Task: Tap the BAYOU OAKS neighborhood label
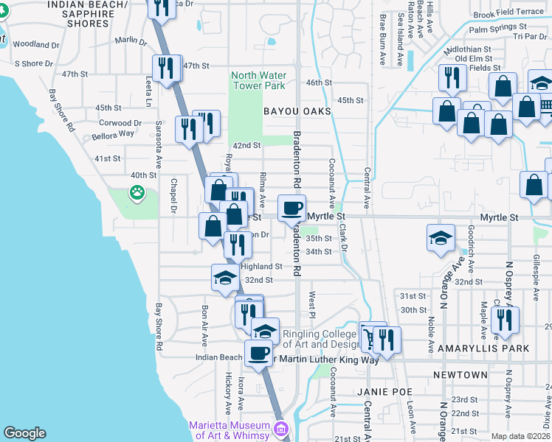click(x=295, y=111)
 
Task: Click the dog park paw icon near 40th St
click(x=137, y=193)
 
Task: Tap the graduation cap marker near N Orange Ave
click(x=441, y=238)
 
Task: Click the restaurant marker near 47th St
click(x=166, y=68)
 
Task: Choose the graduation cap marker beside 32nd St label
click(x=225, y=277)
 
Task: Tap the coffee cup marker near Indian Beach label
click(x=258, y=353)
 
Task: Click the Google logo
click(x=25, y=433)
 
